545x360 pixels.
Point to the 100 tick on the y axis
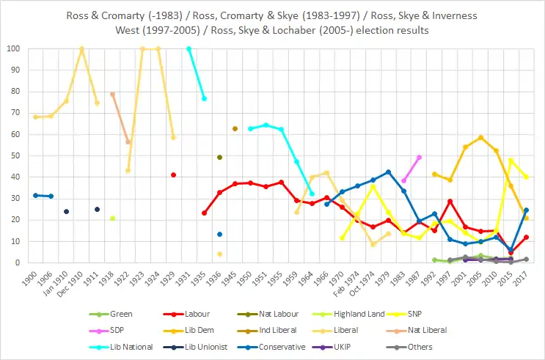point(13,49)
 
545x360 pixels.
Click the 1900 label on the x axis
point(31,278)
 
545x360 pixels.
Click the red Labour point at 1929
point(173,175)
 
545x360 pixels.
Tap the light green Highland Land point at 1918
point(112,218)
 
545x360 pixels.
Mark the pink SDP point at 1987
point(419,157)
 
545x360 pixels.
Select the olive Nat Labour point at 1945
point(235,128)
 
